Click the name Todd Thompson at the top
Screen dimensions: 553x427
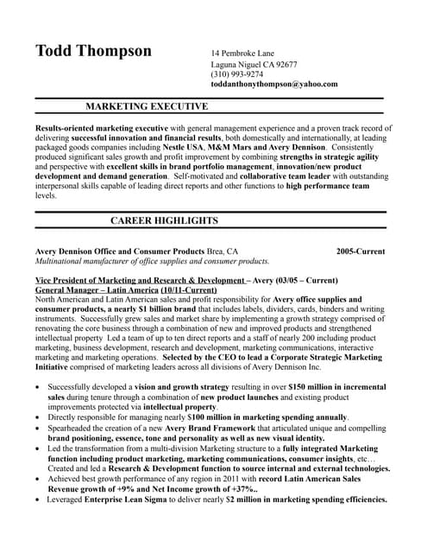pyautogui.click(x=93, y=51)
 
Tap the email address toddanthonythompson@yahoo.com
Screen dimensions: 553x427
pyautogui.click(x=274, y=85)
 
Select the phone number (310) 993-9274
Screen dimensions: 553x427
pyautogui.click(x=237, y=74)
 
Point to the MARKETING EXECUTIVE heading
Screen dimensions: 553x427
pyautogui.click(x=147, y=107)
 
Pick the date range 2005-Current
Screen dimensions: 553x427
pyautogui.click(x=361, y=251)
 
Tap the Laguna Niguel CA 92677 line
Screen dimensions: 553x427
pyautogui.click(x=254, y=64)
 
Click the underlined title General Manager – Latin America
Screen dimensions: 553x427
pyautogui.click(x=126, y=290)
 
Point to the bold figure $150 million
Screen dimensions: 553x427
pyautogui.click(x=314, y=387)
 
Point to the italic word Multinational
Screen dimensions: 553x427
pyautogui.click(x=65, y=260)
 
